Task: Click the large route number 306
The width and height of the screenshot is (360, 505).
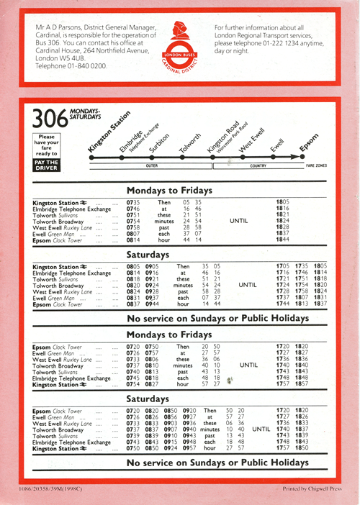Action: pos(48,119)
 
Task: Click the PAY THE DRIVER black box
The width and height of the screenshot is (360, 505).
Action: pos(46,163)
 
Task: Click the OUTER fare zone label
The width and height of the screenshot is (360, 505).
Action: pos(152,165)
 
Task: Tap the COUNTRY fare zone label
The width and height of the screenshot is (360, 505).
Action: pos(258,165)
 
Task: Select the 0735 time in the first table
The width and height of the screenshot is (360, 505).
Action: pos(132,203)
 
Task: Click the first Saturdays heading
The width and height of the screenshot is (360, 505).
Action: pos(149,255)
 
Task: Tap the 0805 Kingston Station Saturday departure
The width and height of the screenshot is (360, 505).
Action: pos(133,266)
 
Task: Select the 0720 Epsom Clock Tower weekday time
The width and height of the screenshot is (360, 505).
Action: pos(132,347)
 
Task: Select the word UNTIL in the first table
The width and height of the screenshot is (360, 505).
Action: pos(238,220)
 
